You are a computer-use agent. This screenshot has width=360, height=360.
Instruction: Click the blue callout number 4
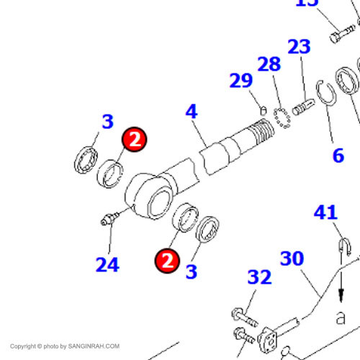(192, 111)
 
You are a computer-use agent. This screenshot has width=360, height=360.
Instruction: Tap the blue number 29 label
(241, 81)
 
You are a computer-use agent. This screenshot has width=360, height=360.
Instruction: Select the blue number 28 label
(269, 64)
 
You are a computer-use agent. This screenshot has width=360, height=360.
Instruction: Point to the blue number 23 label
(299, 46)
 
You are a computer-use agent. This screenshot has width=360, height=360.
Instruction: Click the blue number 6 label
(338, 156)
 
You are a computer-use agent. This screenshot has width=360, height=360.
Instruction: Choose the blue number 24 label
(107, 264)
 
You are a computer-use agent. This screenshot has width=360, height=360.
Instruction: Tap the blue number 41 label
(325, 212)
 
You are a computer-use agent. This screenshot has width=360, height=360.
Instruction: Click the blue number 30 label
(292, 258)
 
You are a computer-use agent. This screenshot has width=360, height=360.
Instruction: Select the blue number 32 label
(259, 277)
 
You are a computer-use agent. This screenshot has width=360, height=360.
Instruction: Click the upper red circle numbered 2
(134, 140)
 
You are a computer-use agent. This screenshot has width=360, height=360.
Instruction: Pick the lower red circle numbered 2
(167, 261)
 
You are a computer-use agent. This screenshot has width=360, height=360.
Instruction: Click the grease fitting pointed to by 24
(109, 219)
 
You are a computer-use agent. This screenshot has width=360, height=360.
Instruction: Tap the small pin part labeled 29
(264, 110)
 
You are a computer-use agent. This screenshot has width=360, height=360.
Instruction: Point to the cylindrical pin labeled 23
(303, 107)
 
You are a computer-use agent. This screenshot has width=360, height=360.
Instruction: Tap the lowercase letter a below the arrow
(341, 318)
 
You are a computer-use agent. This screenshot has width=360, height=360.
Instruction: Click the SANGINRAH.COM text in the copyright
(94, 346)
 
